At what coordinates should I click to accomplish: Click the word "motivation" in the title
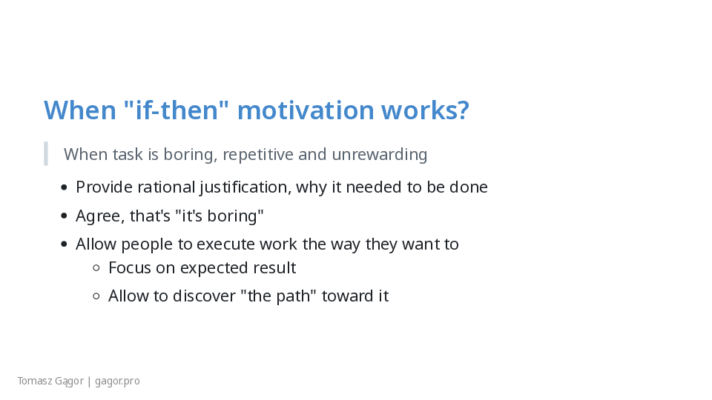[x=306, y=110]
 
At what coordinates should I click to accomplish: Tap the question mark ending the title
[x=463, y=110]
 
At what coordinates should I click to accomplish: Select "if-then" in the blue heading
[x=176, y=110]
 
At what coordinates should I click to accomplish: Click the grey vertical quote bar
[x=46, y=154]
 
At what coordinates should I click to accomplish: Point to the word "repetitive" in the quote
[x=258, y=155]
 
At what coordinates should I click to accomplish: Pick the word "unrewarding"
[x=380, y=155]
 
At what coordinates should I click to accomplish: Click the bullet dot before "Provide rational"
[x=64, y=187]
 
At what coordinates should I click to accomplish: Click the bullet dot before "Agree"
[x=64, y=216]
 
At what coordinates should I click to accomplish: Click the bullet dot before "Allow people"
[x=64, y=244]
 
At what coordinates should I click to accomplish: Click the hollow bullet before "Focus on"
[x=96, y=268]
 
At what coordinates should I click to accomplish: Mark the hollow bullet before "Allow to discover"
[x=96, y=296]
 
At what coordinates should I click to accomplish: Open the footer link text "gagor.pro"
[x=117, y=381]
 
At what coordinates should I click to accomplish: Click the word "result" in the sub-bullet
[x=274, y=268]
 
